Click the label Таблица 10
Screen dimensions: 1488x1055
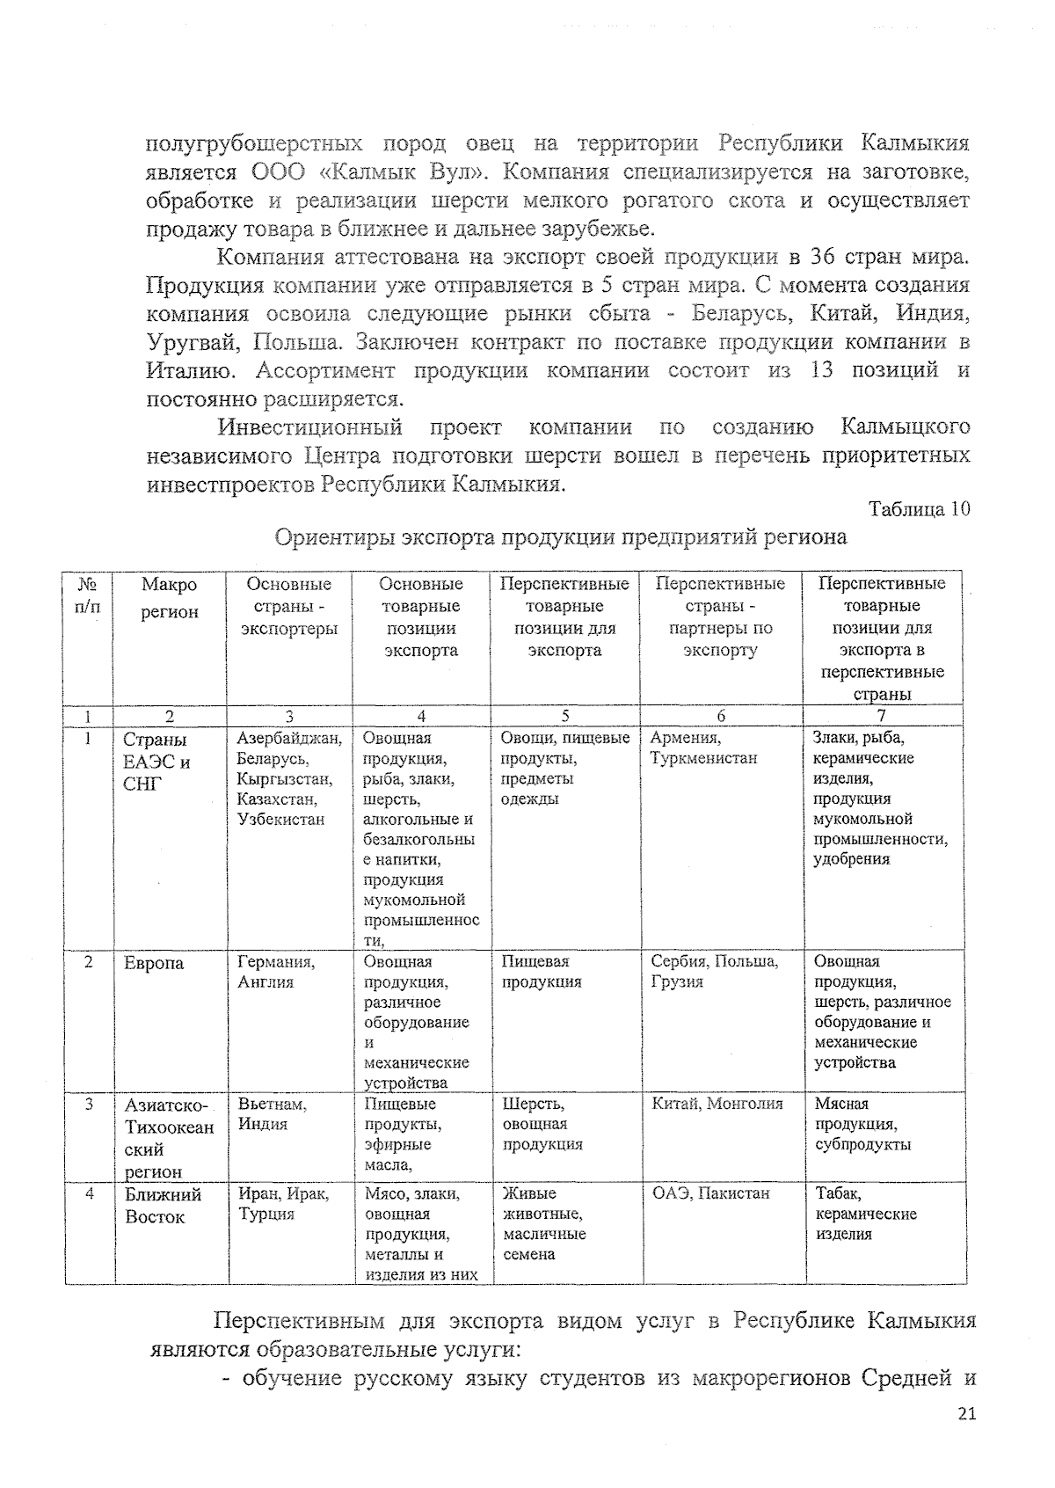(x=919, y=509)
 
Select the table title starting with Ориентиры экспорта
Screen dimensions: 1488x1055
(x=561, y=537)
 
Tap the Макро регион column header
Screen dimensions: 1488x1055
(x=170, y=598)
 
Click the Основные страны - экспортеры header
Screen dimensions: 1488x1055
(x=289, y=606)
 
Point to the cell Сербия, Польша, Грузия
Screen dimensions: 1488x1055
(x=714, y=972)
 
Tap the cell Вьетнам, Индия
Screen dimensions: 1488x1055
(x=272, y=1114)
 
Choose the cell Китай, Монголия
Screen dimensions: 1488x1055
(x=717, y=1105)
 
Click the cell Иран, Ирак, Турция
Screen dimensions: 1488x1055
(x=283, y=1204)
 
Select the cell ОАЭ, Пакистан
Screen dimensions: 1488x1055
(x=710, y=1194)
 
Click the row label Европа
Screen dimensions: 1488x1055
(x=154, y=964)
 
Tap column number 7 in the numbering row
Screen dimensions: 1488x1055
(x=882, y=716)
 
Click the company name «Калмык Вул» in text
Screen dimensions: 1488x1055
(x=427, y=171)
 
